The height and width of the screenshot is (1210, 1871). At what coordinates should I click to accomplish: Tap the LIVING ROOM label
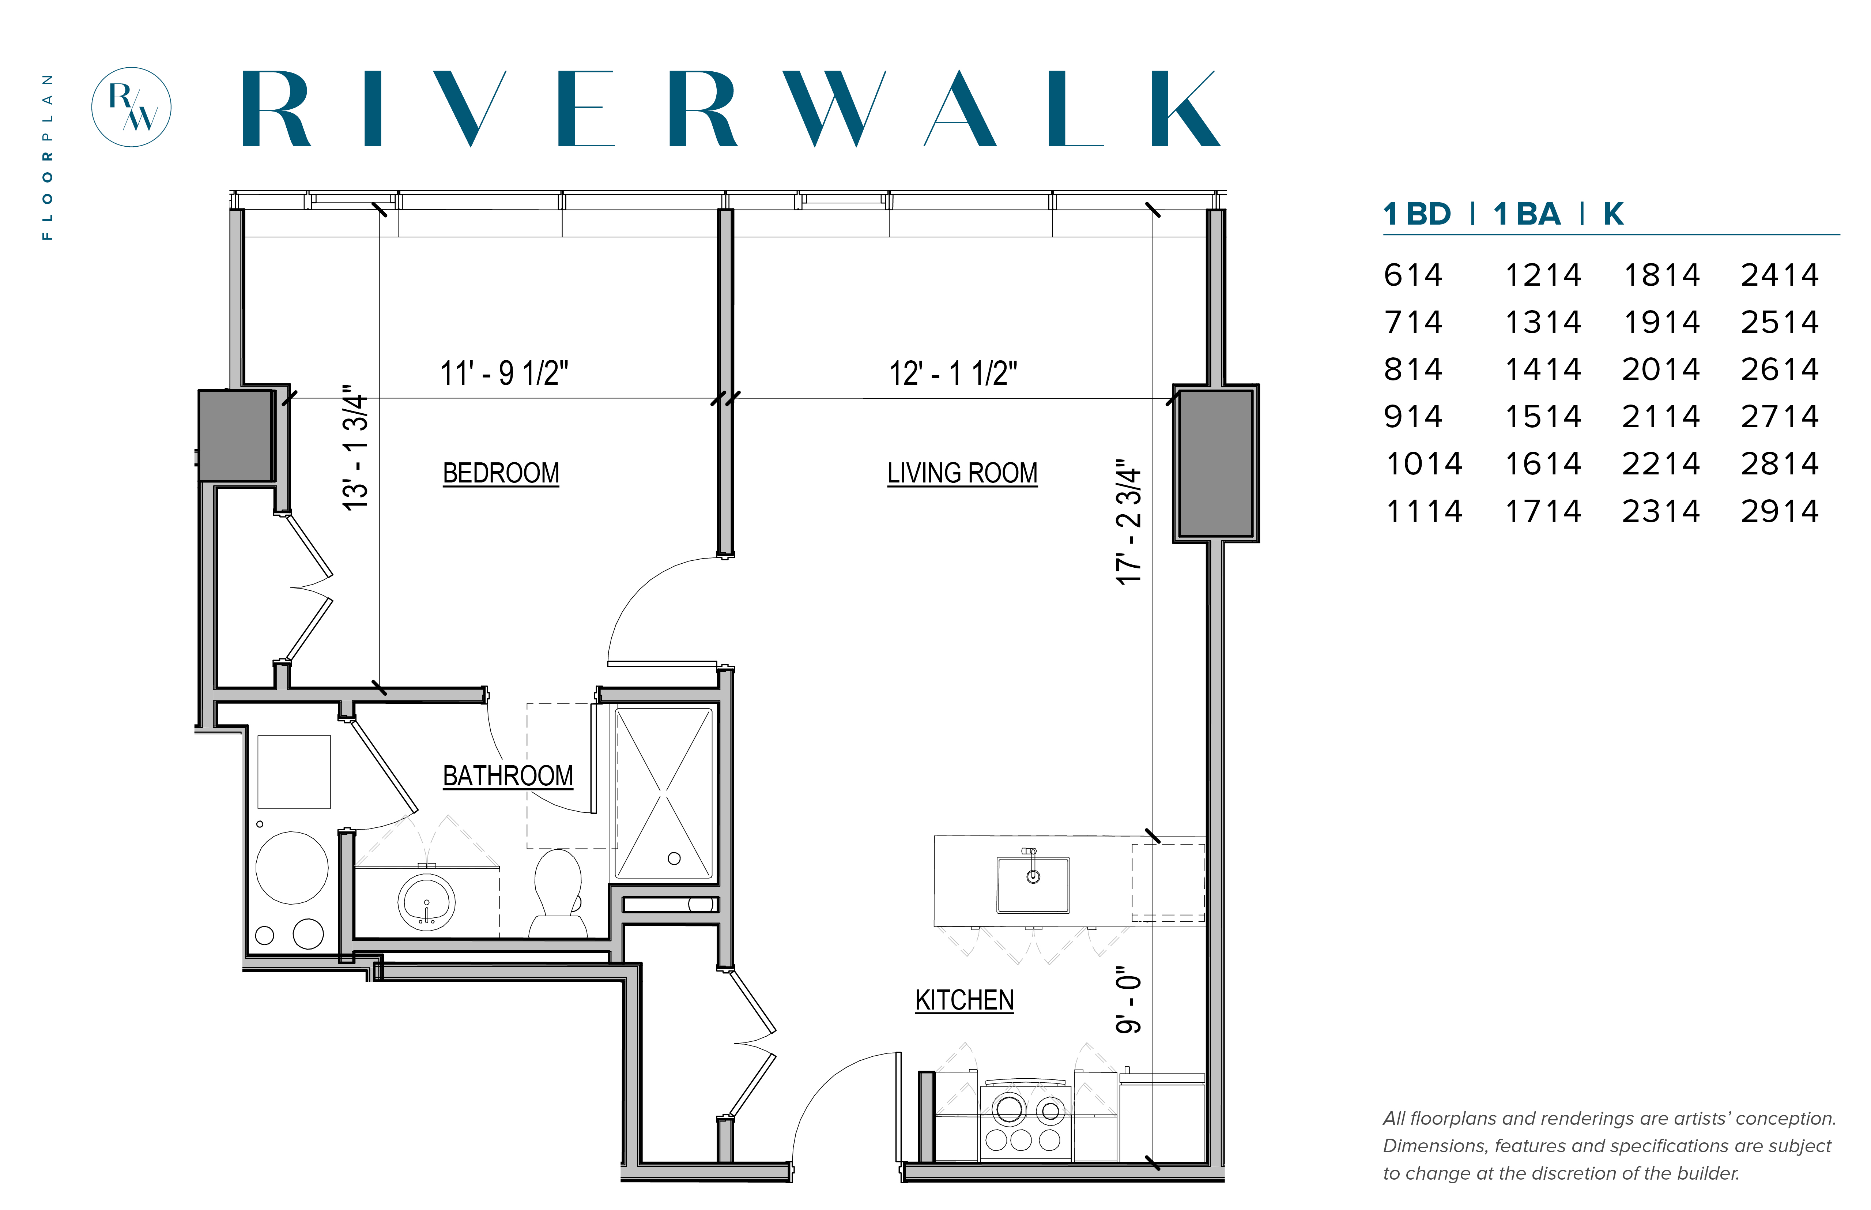[x=962, y=473]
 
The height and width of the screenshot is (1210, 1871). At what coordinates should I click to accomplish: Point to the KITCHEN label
[x=965, y=1000]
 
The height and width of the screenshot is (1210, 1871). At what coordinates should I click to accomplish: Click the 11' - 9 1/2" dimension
[x=504, y=373]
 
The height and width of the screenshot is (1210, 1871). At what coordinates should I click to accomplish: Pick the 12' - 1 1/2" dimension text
[x=953, y=373]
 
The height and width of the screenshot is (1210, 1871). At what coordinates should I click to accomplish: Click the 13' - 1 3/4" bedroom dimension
[x=355, y=448]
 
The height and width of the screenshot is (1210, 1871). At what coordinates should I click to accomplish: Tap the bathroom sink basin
[x=426, y=902]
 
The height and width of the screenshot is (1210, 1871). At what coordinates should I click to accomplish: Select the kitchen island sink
[x=1033, y=885]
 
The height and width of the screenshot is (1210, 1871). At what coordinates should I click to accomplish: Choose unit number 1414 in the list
[x=1543, y=369]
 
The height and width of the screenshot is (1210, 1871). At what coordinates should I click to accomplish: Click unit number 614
[x=1413, y=275]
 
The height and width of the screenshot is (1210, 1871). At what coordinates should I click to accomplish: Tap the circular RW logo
[x=131, y=107]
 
